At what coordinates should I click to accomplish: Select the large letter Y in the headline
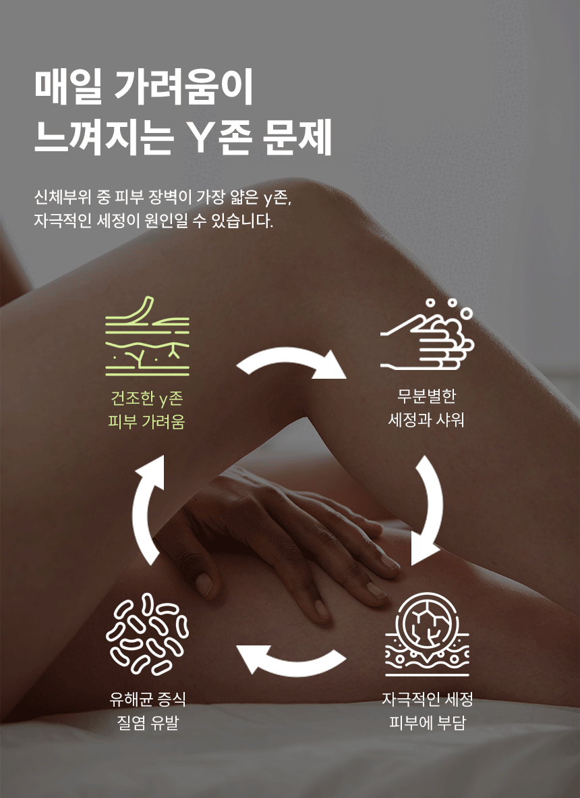pos(202,138)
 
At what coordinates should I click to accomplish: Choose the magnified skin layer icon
pos(427,635)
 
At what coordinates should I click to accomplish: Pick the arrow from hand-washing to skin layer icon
pos(428,508)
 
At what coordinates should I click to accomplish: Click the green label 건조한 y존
pos(146,398)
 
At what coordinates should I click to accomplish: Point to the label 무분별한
pos(427,397)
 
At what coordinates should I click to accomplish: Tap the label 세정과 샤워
pos(427,421)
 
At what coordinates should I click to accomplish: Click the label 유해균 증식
pos(147,699)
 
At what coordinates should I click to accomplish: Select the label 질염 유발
pos(147,724)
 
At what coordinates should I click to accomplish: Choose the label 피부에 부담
pos(428,724)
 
